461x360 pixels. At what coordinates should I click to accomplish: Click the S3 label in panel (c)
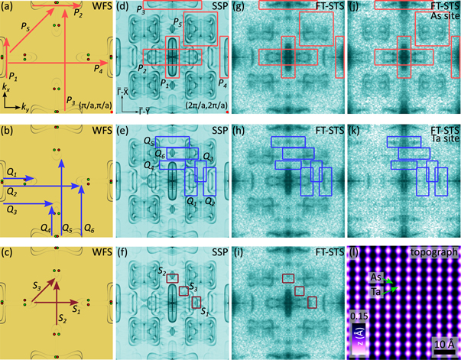[x=37, y=287]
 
